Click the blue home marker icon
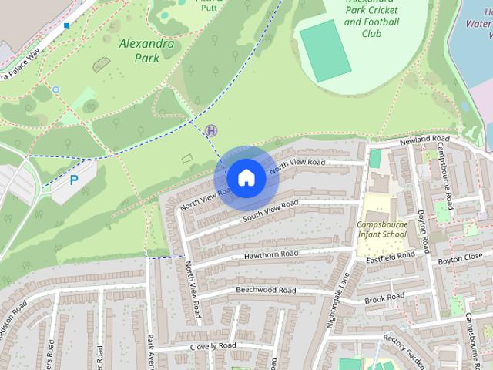[x=246, y=177]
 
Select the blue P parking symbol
[x=74, y=180]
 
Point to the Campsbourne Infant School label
[x=383, y=229]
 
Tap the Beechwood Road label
[x=265, y=291]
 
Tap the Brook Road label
[x=384, y=298]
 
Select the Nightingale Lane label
[x=340, y=297]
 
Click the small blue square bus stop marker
[x=67, y=25]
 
